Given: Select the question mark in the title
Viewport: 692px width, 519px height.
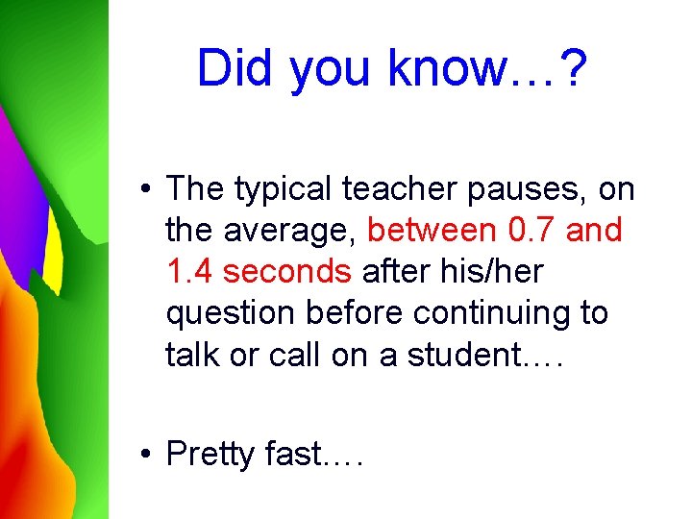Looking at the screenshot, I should (x=572, y=68).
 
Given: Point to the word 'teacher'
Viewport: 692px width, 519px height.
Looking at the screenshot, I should (x=403, y=189).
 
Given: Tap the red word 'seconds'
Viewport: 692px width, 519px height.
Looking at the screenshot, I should (x=287, y=272).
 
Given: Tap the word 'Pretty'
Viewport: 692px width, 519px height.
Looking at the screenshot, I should (x=213, y=454).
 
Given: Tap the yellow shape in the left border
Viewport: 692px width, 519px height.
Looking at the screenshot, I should (x=52, y=255).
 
